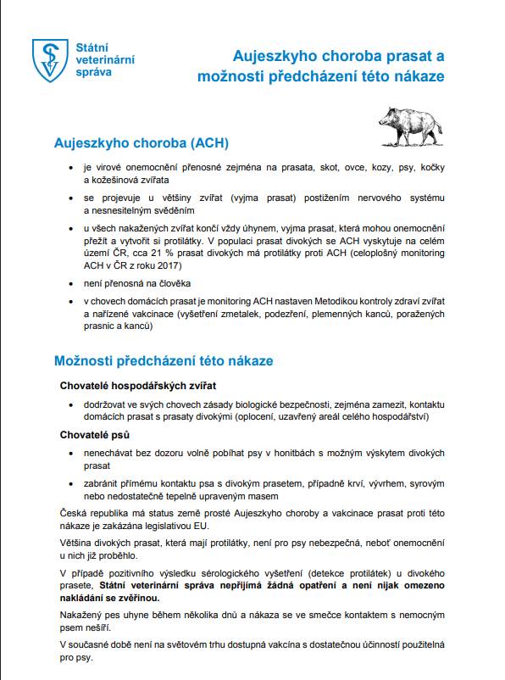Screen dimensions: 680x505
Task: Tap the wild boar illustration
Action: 411,124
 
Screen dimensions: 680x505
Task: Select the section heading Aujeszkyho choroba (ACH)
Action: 141,142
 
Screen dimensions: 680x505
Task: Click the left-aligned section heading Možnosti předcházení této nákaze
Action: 164,360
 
